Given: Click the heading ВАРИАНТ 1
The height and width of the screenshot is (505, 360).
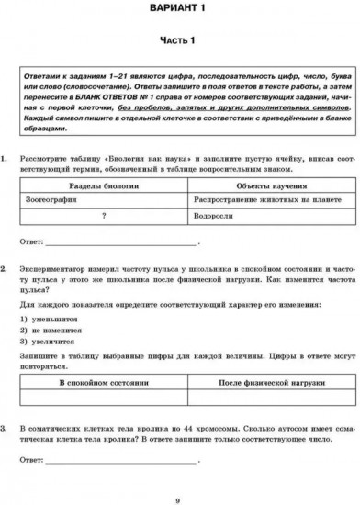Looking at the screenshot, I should [180, 9].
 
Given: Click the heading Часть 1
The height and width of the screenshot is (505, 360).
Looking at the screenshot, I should [180, 39].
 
